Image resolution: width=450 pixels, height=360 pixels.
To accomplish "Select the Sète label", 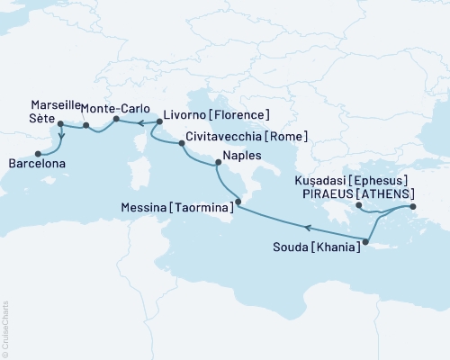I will pos(41,119).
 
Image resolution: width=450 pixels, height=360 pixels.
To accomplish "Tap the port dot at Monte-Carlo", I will pos(116,119).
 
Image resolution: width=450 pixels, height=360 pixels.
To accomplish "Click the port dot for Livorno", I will pos(157,121).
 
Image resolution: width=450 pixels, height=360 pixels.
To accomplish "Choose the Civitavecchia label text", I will pos(224,137).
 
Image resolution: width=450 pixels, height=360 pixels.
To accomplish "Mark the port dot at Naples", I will pos(216,163).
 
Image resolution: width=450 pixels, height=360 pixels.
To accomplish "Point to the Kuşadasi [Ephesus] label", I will pos(357,179).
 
